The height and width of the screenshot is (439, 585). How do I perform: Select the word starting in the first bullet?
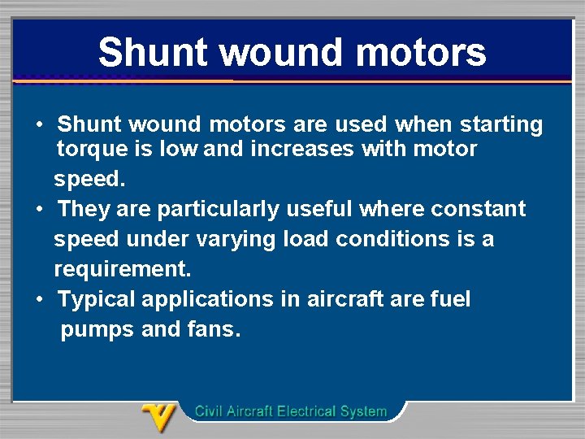(x=501, y=125)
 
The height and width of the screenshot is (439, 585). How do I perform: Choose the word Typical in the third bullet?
(x=97, y=300)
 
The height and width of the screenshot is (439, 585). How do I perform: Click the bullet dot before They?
(x=40, y=210)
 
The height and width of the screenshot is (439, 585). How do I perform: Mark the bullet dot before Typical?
(x=40, y=300)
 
